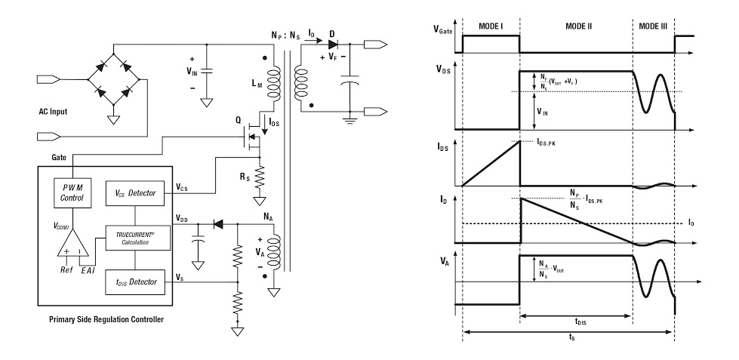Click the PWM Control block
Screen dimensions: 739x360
tap(72, 192)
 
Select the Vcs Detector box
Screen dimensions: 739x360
tap(135, 193)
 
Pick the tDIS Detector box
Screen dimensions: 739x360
tap(135, 282)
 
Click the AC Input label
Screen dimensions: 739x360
tap(53, 112)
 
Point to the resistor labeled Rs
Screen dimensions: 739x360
tap(259, 177)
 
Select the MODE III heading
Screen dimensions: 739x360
tap(653, 26)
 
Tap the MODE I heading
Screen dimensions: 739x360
tap(491, 26)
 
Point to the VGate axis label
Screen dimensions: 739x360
tap(442, 29)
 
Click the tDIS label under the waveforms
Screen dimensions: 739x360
tap(580, 322)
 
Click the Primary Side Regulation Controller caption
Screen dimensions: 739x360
tap(106, 319)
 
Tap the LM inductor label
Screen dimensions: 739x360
tap(257, 85)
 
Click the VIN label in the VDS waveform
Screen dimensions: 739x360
tap(542, 112)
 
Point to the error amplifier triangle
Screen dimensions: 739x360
tap(72, 244)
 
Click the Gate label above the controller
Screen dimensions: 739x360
tap(59, 157)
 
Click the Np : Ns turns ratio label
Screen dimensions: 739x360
tap(285, 35)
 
